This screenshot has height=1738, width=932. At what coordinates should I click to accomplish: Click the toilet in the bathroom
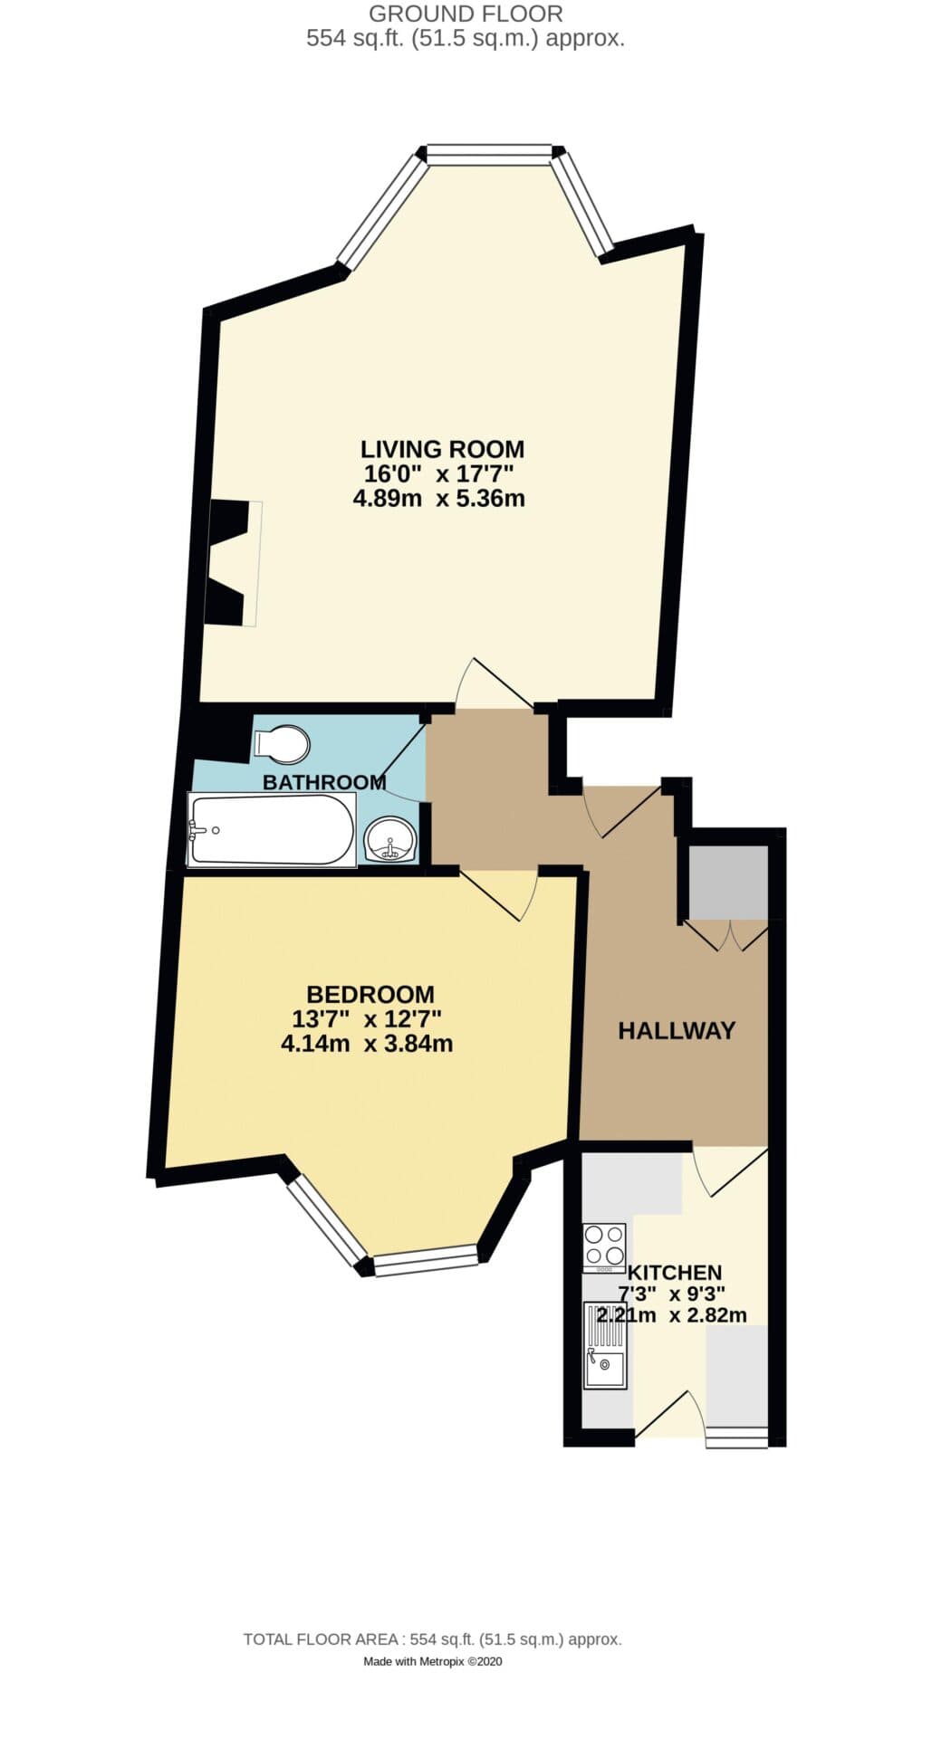coord(283,744)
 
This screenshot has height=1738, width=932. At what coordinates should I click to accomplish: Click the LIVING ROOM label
coord(442,449)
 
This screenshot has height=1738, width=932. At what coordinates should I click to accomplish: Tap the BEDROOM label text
coord(370,994)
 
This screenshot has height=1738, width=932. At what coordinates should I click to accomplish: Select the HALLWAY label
coord(676,1030)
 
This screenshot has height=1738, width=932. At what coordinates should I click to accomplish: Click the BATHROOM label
coord(324,782)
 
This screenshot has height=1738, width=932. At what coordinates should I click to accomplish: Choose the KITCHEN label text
coord(675,1272)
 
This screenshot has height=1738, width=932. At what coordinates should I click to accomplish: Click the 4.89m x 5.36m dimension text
coord(438,498)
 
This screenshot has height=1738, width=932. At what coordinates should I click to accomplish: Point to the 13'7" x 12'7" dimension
coord(366,1019)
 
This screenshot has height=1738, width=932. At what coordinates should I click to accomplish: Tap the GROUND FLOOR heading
coord(466,14)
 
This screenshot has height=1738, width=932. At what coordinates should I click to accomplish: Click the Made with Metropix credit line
coord(432,1661)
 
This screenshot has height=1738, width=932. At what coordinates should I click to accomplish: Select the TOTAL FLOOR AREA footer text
coord(432,1639)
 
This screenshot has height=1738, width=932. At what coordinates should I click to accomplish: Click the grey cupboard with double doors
coord(728,883)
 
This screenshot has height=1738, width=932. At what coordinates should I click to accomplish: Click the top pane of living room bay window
coord(489,154)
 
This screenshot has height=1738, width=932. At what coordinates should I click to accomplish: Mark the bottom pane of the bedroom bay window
coord(426,1260)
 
